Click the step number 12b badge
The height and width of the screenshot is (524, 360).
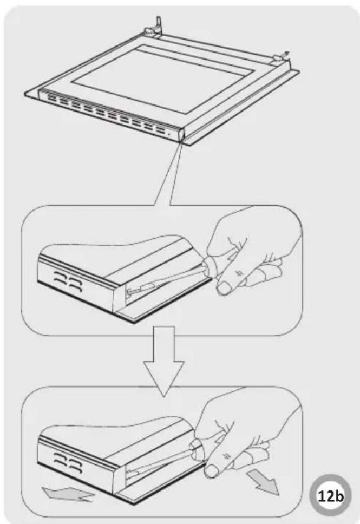(330, 496)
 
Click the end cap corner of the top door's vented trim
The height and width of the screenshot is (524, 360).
(181, 135)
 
